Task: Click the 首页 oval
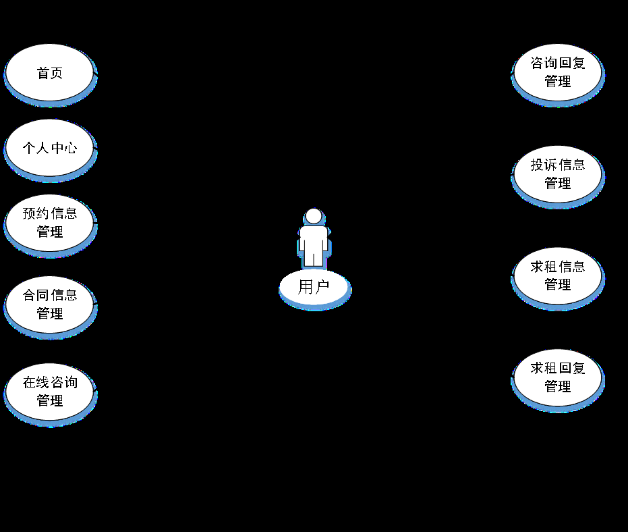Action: (49, 72)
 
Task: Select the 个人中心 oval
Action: (49, 148)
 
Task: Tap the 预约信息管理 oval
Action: (49, 223)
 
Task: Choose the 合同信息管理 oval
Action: (49, 304)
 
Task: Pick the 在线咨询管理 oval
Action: (49, 392)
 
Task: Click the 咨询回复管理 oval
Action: (557, 72)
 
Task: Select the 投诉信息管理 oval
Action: (557, 174)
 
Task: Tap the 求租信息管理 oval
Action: (557, 275)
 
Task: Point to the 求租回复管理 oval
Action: (557, 377)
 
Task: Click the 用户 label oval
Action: (314, 287)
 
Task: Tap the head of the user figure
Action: (314, 216)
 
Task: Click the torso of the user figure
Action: (314, 238)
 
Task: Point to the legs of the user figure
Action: (314, 259)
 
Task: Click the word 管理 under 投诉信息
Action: (557, 183)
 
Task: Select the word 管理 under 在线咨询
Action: (49, 401)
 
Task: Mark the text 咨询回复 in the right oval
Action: (557, 63)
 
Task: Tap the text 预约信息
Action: (49, 214)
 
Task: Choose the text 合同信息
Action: (49, 296)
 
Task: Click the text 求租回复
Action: (557, 369)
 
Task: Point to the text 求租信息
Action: (557, 267)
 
